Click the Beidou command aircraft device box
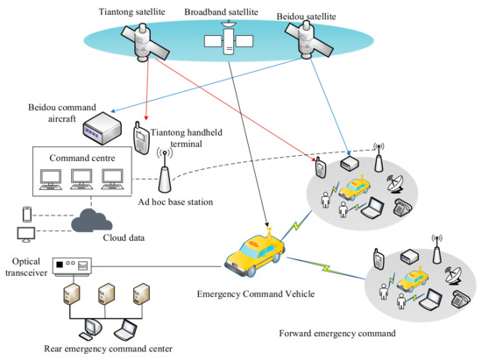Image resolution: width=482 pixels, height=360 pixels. pos(97,131)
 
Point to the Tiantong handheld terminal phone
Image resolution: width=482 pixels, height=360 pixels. pos(139,137)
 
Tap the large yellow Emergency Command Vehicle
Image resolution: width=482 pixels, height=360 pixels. pos(255,251)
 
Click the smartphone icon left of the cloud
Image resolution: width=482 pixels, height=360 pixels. pos(26,214)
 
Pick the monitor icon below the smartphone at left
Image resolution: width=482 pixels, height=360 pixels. pos(26,235)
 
